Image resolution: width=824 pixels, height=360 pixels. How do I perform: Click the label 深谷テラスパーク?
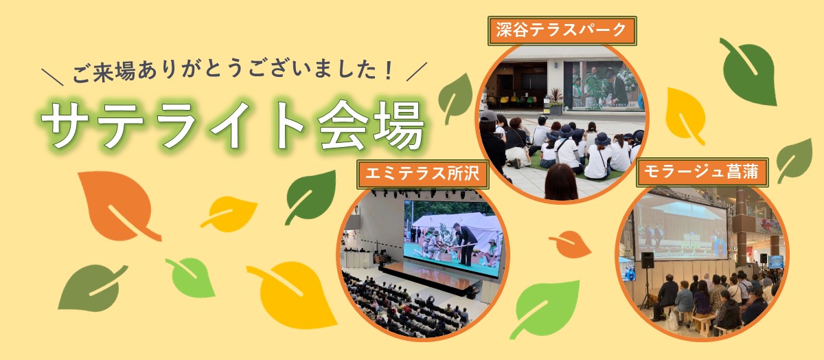(x=561, y=31)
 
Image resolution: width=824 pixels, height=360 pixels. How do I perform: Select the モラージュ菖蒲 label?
(x=701, y=172)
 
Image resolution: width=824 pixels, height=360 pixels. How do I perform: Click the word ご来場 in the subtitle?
(x=98, y=71)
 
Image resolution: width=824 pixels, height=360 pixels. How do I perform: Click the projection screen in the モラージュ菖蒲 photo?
(x=680, y=225)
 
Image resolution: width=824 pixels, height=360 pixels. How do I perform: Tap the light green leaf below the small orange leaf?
(x=545, y=308)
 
